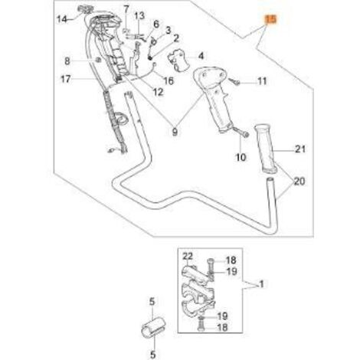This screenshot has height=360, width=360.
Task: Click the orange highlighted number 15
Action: click(271, 20)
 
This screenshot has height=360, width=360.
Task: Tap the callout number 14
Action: click(61, 19)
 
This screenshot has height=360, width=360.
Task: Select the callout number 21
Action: click(300, 149)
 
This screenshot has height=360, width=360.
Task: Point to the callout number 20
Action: click(299, 182)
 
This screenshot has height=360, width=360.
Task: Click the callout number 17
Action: click(66, 79)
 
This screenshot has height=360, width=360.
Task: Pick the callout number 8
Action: click(67, 61)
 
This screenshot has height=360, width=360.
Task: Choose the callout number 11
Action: click(262, 81)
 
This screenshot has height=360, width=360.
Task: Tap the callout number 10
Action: click(241, 157)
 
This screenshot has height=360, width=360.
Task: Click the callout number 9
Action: click(175, 132)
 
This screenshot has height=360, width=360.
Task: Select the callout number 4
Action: click(201, 56)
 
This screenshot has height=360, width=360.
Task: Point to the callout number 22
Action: click(188, 256)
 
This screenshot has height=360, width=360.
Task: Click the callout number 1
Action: click(261, 284)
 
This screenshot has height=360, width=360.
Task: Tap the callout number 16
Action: click(169, 81)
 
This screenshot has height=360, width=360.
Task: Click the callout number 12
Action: click(158, 92)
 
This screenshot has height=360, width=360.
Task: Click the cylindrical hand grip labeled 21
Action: click(266, 149)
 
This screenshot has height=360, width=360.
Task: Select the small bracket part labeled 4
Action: click(179, 61)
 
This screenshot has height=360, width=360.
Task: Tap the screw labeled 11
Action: click(235, 82)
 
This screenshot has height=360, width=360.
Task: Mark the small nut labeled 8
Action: click(97, 61)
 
